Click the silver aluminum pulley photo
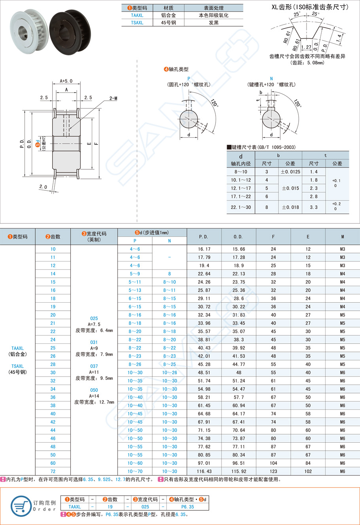pyautogui.click(x=28, y=31)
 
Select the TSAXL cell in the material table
pyautogui.click(x=137, y=23)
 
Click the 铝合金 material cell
pyautogui.click(x=169, y=15)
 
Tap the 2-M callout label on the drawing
pyautogui.click(x=113, y=98)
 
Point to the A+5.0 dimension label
pyautogui.click(x=66, y=81)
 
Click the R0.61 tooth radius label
pyautogui.click(x=287, y=37)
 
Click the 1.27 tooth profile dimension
pyautogui.click(x=306, y=47)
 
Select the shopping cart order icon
pyautogui.click(x=21, y=506)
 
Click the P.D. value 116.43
pyautogui.click(x=204, y=471)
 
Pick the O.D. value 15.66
pyautogui.click(x=239, y=249)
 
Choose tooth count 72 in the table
pyautogui.click(x=53, y=471)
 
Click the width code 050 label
pyautogui.click(x=94, y=390)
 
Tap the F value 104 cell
pyautogui.click(x=273, y=463)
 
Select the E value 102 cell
pyautogui.click(x=308, y=471)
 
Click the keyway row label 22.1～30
pyautogui.click(x=241, y=207)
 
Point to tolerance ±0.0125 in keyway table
pyautogui.click(x=290, y=172)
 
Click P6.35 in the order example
pyautogui.click(x=188, y=506)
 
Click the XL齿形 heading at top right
pyautogui.click(x=310, y=7)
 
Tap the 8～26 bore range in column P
pyautogui.click(x=135, y=364)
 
